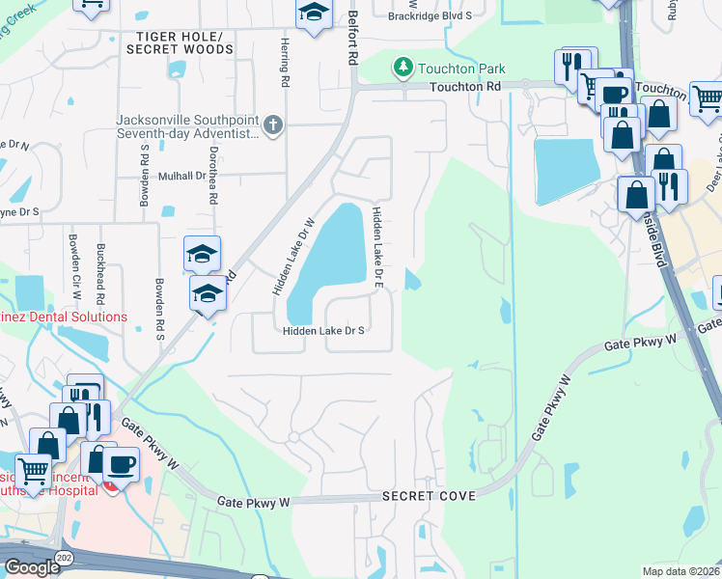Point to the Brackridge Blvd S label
[430, 15]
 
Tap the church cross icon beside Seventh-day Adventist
[273, 124]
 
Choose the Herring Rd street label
[259, 70]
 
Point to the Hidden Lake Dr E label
[378, 248]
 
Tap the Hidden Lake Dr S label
[322, 330]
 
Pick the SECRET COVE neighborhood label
[429, 495]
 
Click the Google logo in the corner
[32, 566]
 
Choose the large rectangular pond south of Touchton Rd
[568, 171]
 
